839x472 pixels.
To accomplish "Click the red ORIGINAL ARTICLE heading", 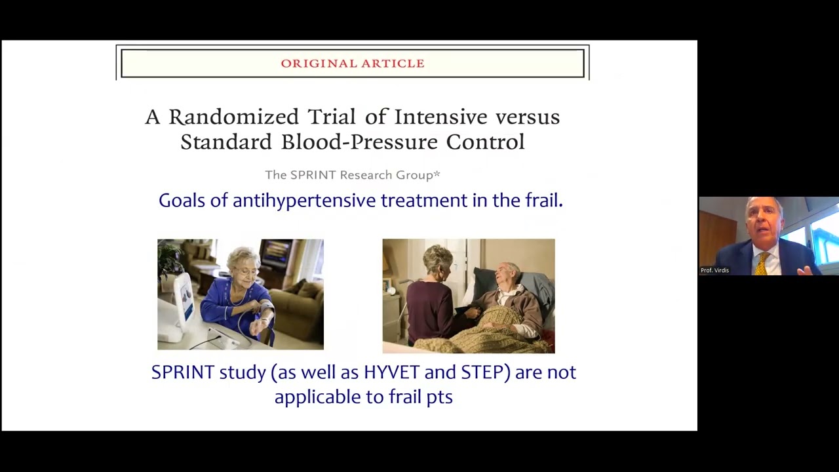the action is pyautogui.click(x=353, y=64).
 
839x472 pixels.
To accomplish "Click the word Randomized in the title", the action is pyautogui.click(x=234, y=117).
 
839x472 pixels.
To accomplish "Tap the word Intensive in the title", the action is pyautogui.click(x=441, y=117).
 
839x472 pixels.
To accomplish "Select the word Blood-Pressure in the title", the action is pyautogui.click(x=359, y=142).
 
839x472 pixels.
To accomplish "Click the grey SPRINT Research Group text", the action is pyautogui.click(x=353, y=175).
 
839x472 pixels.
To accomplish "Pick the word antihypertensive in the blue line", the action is pyautogui.click(x=304, y=200).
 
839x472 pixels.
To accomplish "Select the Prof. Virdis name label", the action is pyautogui.click(x=714, y=270).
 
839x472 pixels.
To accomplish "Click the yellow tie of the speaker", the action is pyautogui.click(x=762, y=264).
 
